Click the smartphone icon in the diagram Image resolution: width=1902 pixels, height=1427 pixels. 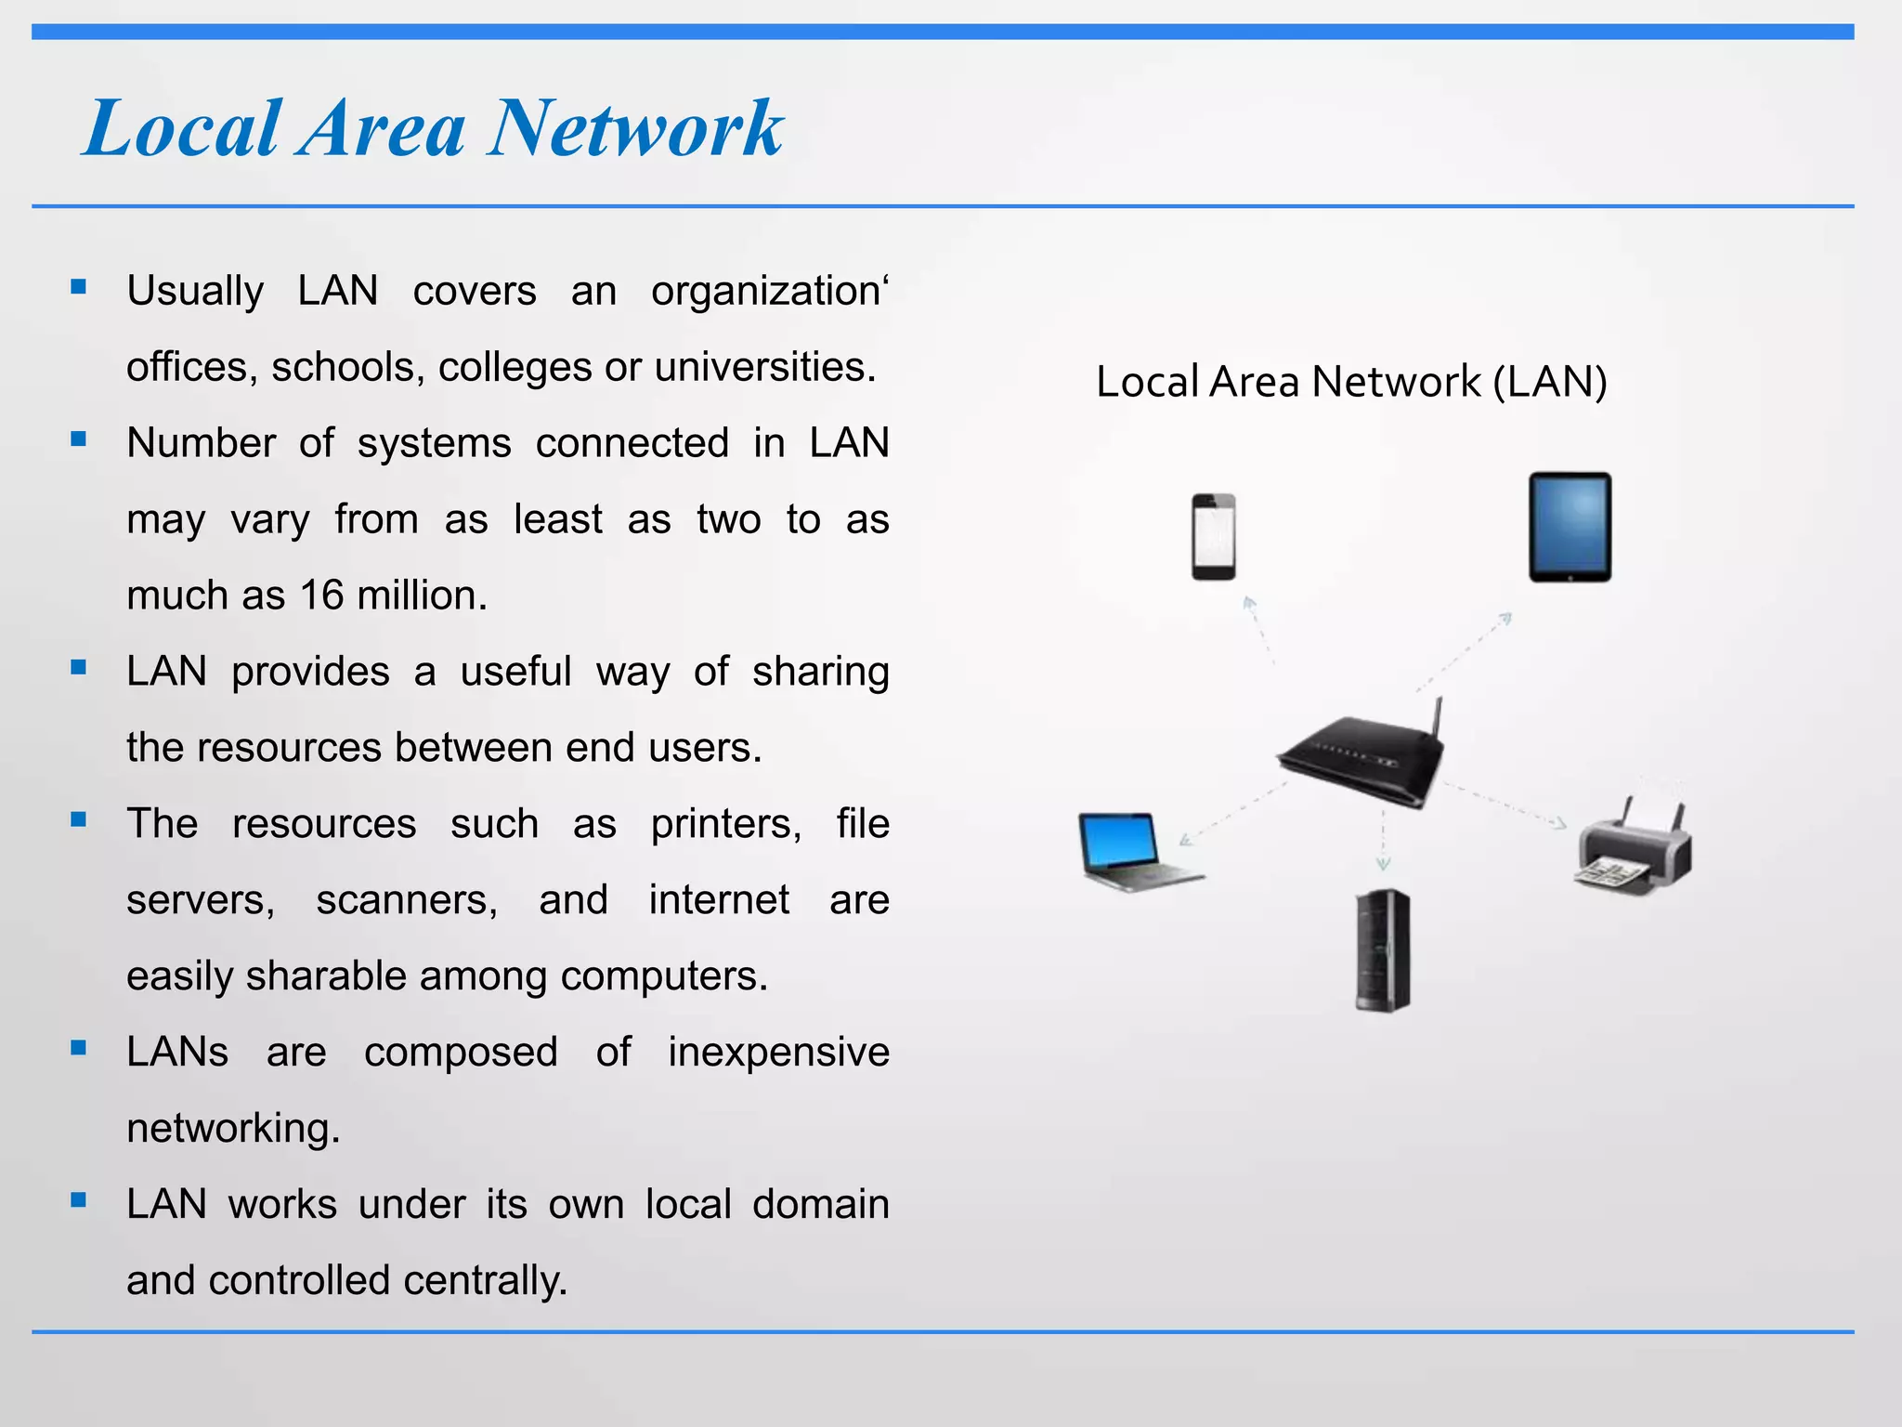click(1213, 537)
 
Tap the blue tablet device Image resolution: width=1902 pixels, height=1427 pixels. click(1570, 527)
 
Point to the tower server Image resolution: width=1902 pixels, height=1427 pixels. click(1382, 949)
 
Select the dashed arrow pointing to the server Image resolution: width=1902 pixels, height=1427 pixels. click(1383, 840)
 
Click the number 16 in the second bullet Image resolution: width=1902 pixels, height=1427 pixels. click(321, 596)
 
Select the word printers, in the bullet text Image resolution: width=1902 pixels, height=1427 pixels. click(725, 824)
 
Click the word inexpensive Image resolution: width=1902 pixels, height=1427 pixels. click(778, 1053)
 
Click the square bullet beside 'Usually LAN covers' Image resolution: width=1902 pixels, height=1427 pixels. click(78, 287)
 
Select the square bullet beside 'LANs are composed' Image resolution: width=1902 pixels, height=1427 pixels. click(78, 1048)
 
